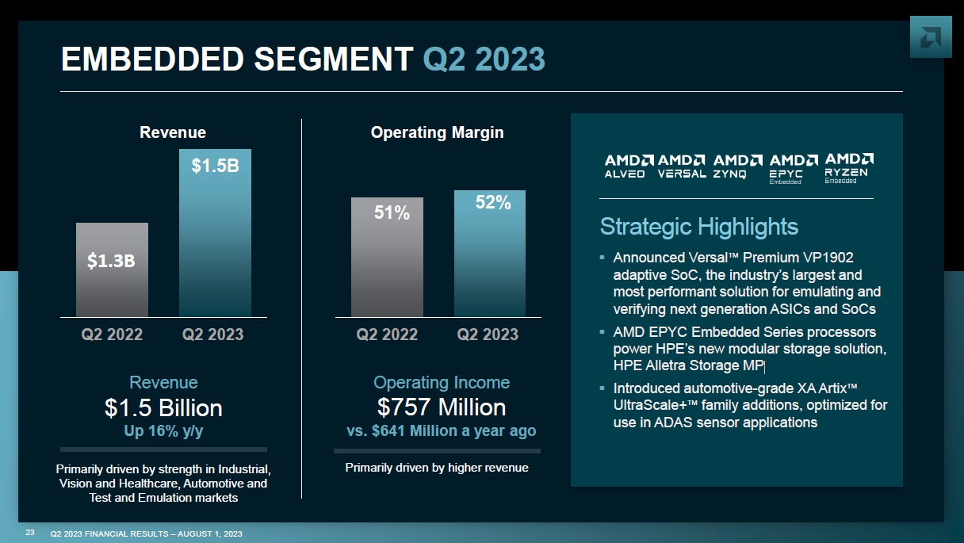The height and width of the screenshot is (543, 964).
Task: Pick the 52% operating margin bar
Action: click(490, 254)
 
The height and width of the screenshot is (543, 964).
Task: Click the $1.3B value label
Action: click(112, 262)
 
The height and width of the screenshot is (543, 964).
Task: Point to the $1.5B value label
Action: click(215, 166)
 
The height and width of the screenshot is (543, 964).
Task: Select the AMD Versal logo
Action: click(682, 166)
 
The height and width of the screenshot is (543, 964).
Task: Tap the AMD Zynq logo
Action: click(737, 166)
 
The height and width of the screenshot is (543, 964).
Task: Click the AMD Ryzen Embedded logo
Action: click(849, 168)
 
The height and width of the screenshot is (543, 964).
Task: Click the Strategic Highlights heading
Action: click(698, 227)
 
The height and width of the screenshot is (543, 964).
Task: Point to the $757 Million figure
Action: click(442, 407)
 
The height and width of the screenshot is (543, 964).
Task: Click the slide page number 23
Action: click(30, 532)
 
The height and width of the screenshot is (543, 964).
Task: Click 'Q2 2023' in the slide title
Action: click(484, 59)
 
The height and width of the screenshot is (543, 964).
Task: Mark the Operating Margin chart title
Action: click(437, 132)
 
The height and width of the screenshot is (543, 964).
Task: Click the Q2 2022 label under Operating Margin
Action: click(387, 334)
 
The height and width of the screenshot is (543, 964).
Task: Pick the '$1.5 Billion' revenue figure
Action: click(163, 408)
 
